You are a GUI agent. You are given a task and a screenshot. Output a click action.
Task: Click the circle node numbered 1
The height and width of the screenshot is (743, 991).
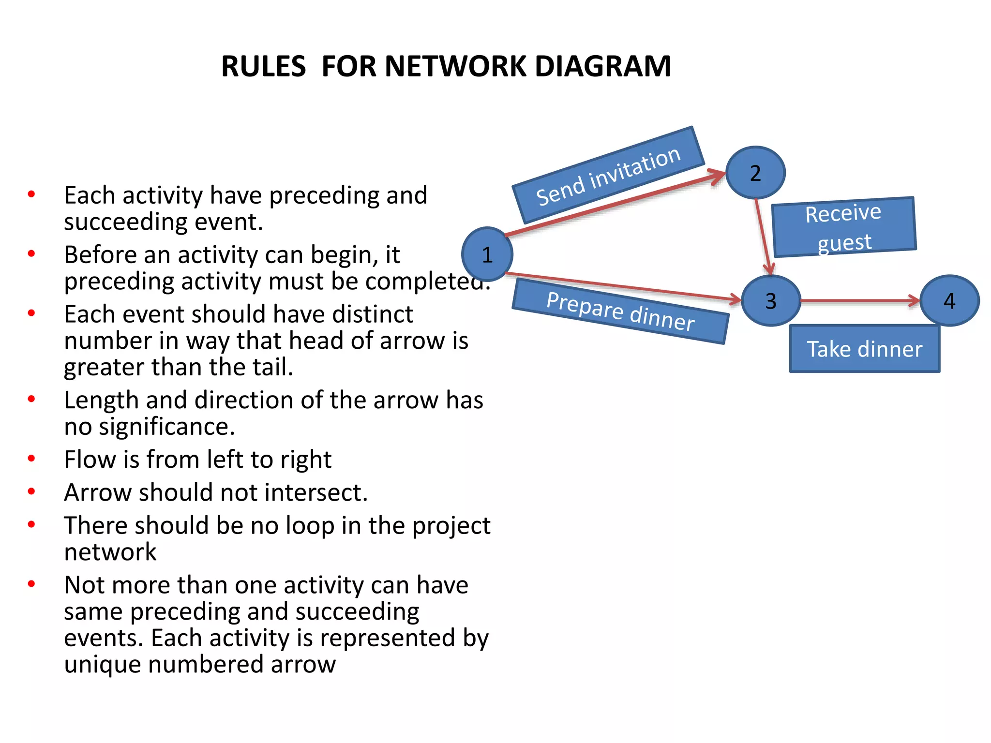(x=487, y=254)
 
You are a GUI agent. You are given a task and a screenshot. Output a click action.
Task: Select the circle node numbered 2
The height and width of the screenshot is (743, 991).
(x=755, y=173)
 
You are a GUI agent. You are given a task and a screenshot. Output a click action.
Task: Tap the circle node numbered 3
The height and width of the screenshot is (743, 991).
(x=771, y=301)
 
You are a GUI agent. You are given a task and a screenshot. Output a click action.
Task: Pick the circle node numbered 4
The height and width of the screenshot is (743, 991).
(x=949, y=301)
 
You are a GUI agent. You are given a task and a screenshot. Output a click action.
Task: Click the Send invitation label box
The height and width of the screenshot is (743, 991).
(x=608, y=176)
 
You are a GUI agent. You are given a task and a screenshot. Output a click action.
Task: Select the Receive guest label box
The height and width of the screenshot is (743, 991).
(x=843, y=227)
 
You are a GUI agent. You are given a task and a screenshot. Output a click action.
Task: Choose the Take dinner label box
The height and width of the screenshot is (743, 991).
(x=864, y=349)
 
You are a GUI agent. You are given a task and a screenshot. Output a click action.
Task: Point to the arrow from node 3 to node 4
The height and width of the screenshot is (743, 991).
(x=859, y=301)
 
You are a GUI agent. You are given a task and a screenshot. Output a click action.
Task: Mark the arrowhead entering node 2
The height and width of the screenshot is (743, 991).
(x=718, y=175)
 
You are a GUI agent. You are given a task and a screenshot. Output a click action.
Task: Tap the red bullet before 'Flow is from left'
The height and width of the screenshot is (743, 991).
(x=31, y=458)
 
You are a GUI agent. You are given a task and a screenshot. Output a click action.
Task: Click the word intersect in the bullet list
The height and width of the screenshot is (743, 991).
(x=315, y=493)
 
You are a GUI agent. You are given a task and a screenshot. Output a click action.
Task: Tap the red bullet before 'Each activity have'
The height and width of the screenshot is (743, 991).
(x=31, y=194)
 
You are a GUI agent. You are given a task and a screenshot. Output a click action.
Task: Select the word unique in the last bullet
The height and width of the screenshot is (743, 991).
(x=103, y=664)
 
